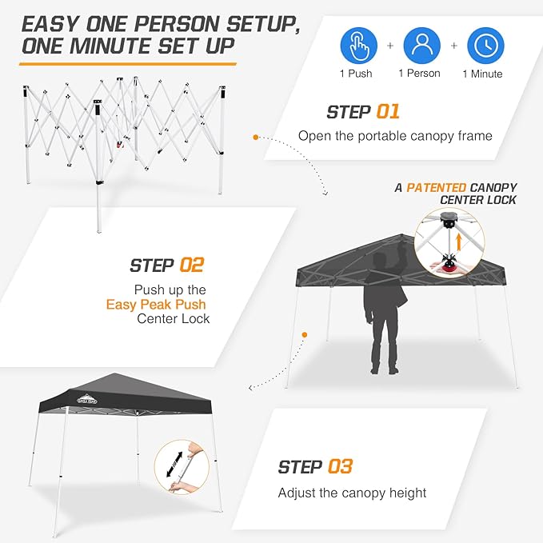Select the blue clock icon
[x=485, y=46]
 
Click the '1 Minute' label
[x=482, y=74]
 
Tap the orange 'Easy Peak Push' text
[x=157, y=304]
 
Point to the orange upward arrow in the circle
[x=457, y=239]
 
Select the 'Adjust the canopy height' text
[x=352, y=492]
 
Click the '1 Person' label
[x=419, y=74]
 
